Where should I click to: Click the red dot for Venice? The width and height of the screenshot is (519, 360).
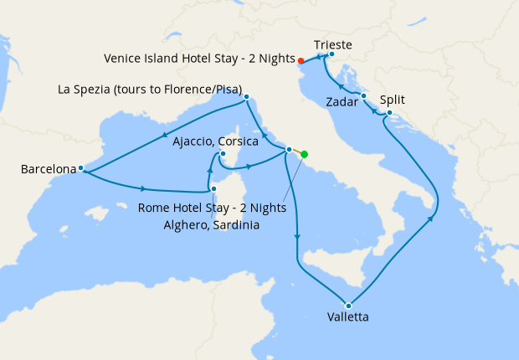click(x=301, y=60)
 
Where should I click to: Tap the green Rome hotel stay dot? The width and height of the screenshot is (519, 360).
click(x=304, y=154)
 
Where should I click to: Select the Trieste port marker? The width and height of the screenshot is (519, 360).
click(x=332, y=54)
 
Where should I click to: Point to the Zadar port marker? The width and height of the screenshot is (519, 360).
click(x=363, y=96)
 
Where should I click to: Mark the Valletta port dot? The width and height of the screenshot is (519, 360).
click(x=347, y=305)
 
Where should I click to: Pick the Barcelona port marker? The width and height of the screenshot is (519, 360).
click(x=80, y=168)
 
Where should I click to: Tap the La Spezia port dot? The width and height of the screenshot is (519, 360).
click(x=246, y=97)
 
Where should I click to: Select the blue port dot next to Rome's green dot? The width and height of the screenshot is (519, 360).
click(x=289, y=150)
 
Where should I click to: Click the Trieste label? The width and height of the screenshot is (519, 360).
click(x=332, y=44)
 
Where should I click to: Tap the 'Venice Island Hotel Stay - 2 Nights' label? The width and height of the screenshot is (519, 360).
click(x=199, y=59)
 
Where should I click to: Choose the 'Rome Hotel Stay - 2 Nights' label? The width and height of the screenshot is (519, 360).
click(x=213, y=207)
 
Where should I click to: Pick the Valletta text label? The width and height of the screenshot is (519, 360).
click(x=347, y=317)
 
